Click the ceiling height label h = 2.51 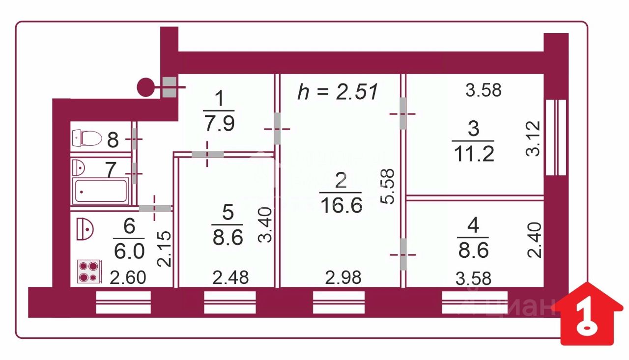pyautogui.click(x=338, y=92)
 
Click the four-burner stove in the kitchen pyautogui.click(x=89, y=272)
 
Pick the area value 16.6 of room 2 pyautogui.click(x=341, y=204)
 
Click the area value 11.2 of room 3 pyautogui.click(x=473, y=155)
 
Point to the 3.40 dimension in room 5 pyautogui.click(x=264, y=225)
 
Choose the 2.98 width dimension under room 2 pyautogui.click(x=343, y=278)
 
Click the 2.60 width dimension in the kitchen pyautogui.click(x=128, y=278)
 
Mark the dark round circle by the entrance pyautogui.click(x=145, y=87)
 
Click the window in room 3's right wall pyautogui.click(x=556, y=138)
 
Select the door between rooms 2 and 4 pyautogui.click(x=403, y=254)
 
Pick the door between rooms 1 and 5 pyautogui.click(x=207, y=154)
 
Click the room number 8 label pyautogui.click(x=113, y=140)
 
